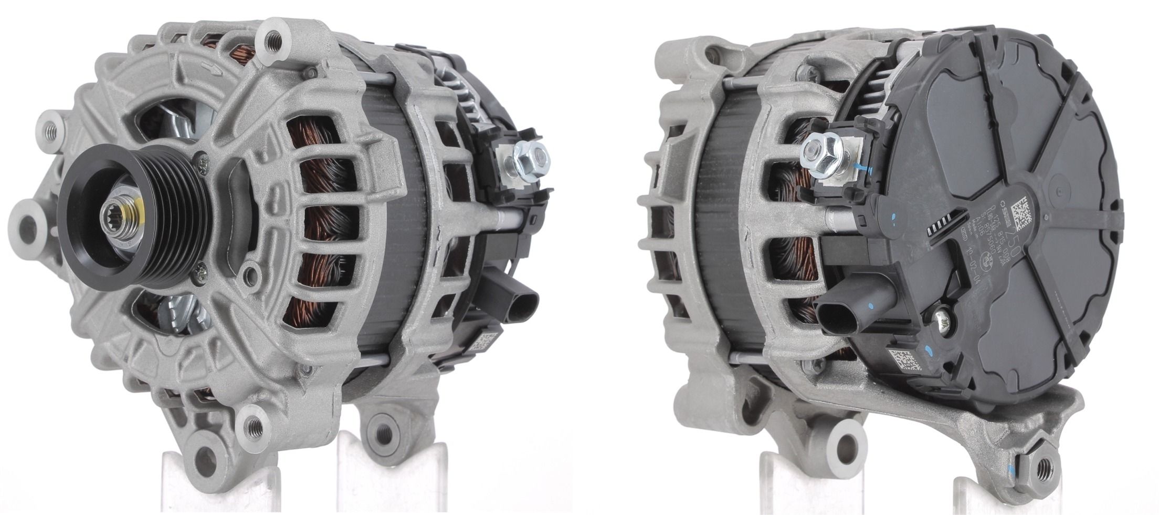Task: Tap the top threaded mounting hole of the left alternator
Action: (x=272, y=37)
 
